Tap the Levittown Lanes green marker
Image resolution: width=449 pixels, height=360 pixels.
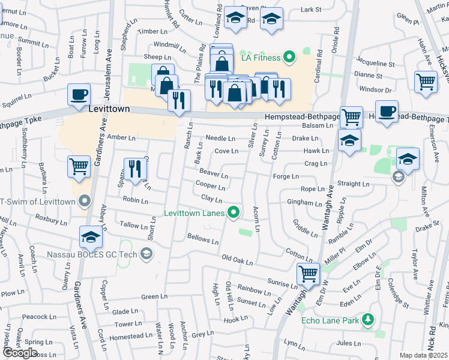[x=234, y=212]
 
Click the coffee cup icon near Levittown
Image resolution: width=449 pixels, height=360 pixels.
[x=79, y=95]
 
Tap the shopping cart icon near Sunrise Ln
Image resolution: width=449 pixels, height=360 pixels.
[x=308, y=274]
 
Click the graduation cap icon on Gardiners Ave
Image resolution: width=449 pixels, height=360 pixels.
[x=91, y=238]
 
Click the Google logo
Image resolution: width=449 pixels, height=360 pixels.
[x=20, y=352]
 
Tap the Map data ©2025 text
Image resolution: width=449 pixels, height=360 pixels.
[x=423, y=355]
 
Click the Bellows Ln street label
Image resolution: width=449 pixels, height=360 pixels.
[x=203, y=239]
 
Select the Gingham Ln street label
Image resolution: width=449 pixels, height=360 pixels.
[x=304, y=203]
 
